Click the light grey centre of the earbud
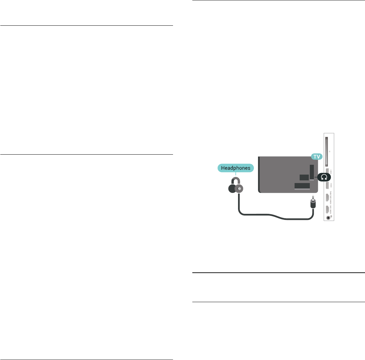[x=240, y=188]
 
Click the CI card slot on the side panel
[x=326, y=151]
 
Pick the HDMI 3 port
[x=327, y=210]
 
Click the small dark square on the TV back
[x=304, y=177]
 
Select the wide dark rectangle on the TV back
[x=302, y=186]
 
